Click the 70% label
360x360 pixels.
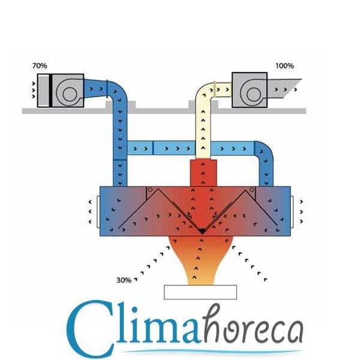tap(40, 65)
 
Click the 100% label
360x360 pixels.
tap(284, 66)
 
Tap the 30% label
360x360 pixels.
tap(124, 280)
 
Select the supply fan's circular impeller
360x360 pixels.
tap(70, 94)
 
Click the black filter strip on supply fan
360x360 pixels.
tap(50, 91)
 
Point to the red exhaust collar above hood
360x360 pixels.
tap(203, 173)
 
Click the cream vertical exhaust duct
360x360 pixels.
tap(203, 128)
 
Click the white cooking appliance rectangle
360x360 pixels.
tap(200, 292)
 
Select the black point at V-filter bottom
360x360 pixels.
tap(202, 231)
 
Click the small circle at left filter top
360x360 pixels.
tap(150, 190)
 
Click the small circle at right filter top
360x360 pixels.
tap(251, 190)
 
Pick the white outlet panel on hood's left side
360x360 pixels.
tap(98, 212)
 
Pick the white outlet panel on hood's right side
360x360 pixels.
tap(292, 212)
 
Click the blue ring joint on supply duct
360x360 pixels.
tap(107, 88)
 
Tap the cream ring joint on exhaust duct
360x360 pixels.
tap(215, 89)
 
